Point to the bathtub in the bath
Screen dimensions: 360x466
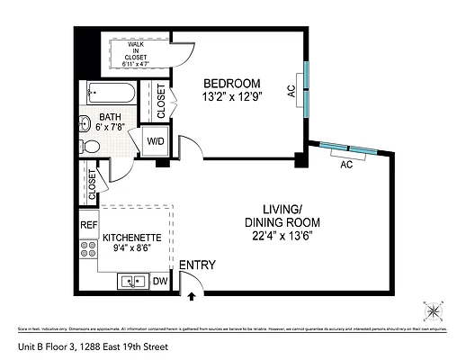tap(111, 92)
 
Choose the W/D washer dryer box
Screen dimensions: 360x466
tap(156, 140)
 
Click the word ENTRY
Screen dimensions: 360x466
tap(197, 265)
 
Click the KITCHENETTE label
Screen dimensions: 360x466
tap(131, 238)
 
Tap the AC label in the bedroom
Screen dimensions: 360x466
tap(291, 91)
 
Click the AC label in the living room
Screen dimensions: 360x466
tap(346, 165)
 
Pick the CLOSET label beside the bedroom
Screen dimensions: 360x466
tap(161, 102)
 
